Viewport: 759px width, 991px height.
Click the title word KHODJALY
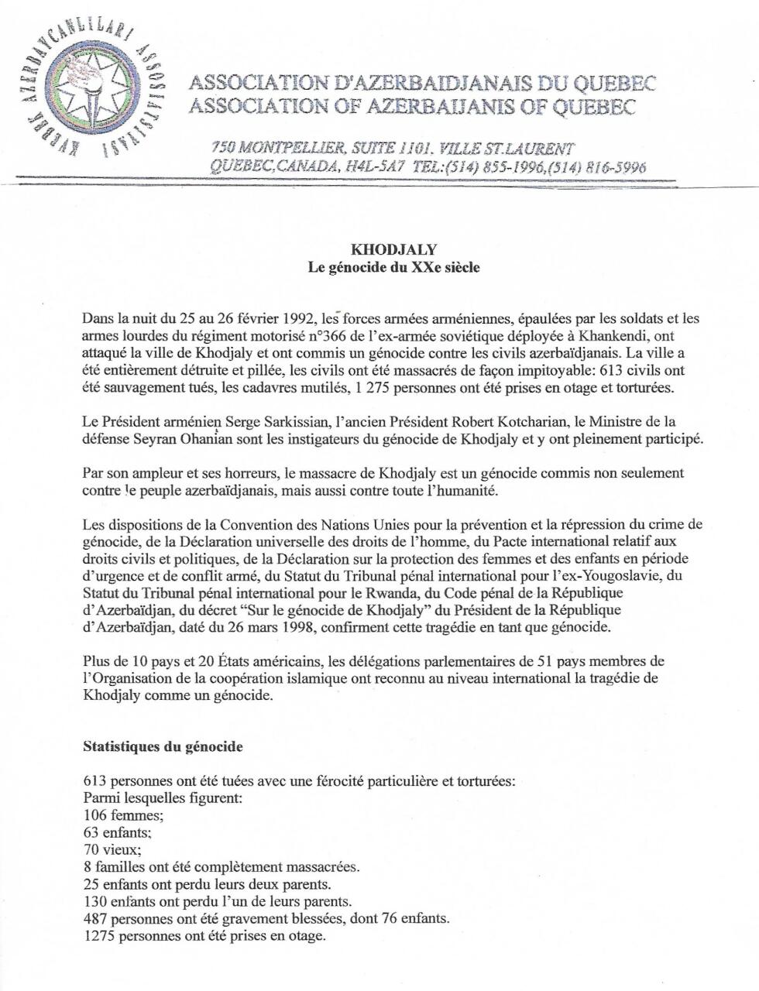point(394,250)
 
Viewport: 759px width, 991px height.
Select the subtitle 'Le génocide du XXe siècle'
point(394,269)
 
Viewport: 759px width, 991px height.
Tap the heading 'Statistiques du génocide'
point(163,747)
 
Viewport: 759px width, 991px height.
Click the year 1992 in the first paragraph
point(298,318)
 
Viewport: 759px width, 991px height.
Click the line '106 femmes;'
point(115,815)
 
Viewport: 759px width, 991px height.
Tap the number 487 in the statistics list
point(93,918)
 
